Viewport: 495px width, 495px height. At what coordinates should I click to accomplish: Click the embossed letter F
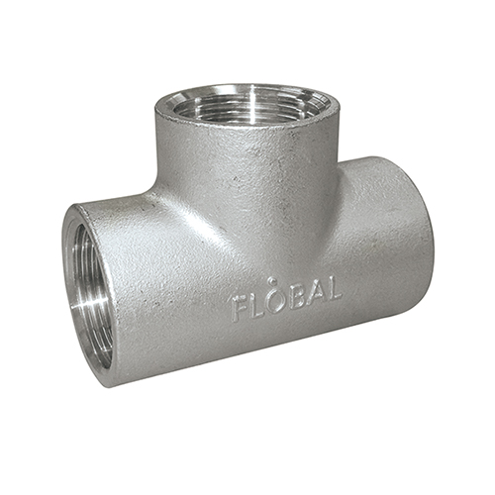tap(240, 309)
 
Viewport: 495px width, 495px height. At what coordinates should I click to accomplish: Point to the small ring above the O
tap(272, 281)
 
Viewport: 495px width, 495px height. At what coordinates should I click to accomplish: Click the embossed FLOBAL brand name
tap(286, 298)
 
